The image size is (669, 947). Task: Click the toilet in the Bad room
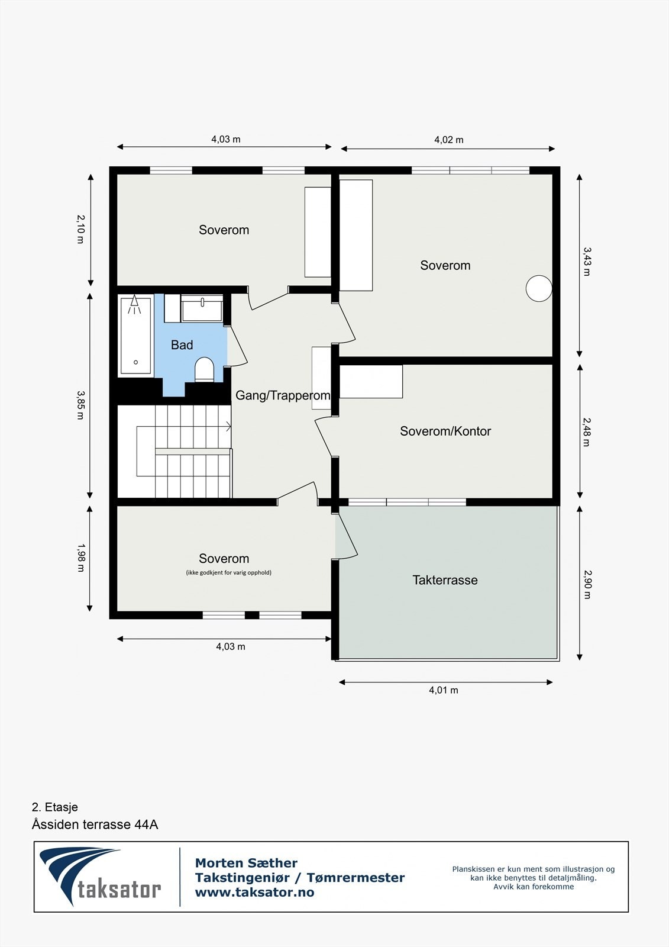point(205,369)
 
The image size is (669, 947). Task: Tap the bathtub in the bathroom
point(135,336)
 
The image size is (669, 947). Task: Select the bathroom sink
point(202,310)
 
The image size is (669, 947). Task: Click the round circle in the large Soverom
point(539,289)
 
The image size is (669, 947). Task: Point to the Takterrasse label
point(445,580)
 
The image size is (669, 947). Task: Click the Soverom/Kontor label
point(445,431)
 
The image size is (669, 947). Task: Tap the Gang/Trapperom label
point(283,395)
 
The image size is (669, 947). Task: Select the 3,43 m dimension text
point(586,262)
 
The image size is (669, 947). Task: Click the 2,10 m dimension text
point(80,229)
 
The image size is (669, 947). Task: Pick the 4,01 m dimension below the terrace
point(444,690)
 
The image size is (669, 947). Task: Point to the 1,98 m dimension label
point(80,558)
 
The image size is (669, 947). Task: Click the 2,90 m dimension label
point(586,584)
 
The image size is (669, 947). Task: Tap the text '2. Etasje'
point(55,807)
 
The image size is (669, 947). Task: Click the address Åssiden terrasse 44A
point(95,824)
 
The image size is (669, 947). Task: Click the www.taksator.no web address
point(254,892)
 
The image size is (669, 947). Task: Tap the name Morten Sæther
point(246,863)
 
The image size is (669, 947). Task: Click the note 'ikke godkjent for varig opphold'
point(228,572)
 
